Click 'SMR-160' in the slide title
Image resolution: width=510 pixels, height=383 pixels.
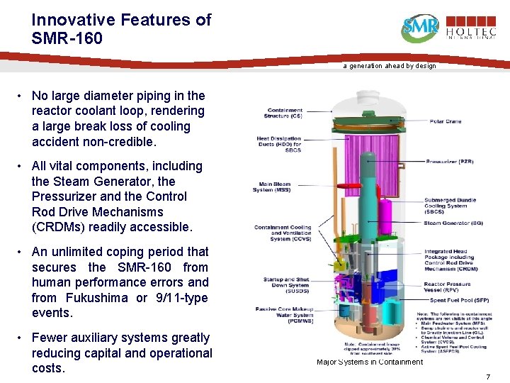[x=67, y=38]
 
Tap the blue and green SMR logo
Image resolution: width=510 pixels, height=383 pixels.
[x=420, y=28]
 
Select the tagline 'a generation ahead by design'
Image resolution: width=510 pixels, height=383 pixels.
[x=390, y=66]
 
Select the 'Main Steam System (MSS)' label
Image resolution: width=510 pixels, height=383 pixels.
[x=272, y=187]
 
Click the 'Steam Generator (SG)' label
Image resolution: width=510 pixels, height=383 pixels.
[x=453, y=223]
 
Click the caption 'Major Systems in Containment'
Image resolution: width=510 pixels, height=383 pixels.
[x=370, y=362]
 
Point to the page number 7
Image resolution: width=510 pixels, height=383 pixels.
[x=488, y=376]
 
